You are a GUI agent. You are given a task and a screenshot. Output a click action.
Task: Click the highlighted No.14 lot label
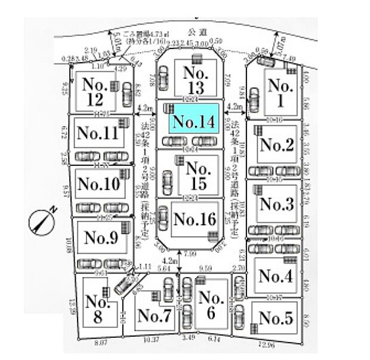click(193, 122)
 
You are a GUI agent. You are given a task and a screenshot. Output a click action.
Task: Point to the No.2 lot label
click(276, 144)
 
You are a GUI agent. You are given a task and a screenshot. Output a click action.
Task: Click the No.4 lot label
click(276, 276)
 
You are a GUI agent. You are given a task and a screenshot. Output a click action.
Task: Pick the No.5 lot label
click(276, 318)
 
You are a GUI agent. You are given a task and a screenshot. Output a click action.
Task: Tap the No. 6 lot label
click(209, 305)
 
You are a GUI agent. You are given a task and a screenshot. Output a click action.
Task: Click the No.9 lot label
click(101, 238)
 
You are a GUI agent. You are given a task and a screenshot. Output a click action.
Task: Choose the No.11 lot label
click(98, 133)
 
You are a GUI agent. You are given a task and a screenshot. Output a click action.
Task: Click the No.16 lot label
click(193, 219)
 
